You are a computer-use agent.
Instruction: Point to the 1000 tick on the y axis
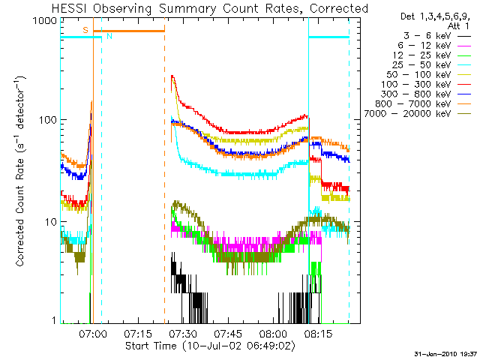coord(43,22)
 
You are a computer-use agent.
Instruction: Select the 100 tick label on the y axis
coord(46,121)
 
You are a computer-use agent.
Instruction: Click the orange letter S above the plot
coord(85,29)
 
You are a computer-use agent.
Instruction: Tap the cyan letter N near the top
coord(109,36)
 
